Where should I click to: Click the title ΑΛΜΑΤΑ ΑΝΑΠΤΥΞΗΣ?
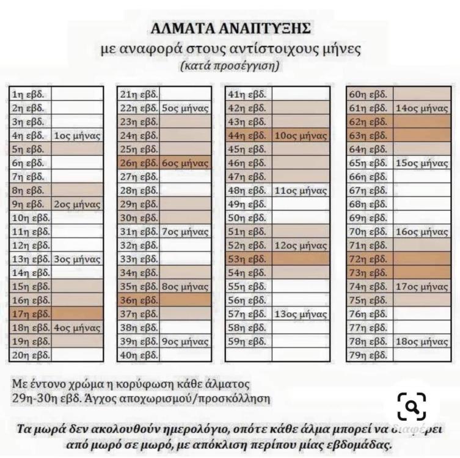tap(230, 28)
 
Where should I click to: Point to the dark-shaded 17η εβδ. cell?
tap(31, 314)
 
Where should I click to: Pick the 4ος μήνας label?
tap(78, 328)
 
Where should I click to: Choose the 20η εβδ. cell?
tap(31, 355)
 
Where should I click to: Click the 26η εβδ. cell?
tap(139, 163)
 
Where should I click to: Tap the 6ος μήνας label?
tap(185, 163)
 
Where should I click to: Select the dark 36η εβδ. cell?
tap(139, 300)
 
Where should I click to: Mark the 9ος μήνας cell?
tap(185, 341)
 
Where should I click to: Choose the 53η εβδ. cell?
tap(247, 259)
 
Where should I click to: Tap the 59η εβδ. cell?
tap(247, 341)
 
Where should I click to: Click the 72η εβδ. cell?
tap(368, 259)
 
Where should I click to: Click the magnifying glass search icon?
tap(411, 407)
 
